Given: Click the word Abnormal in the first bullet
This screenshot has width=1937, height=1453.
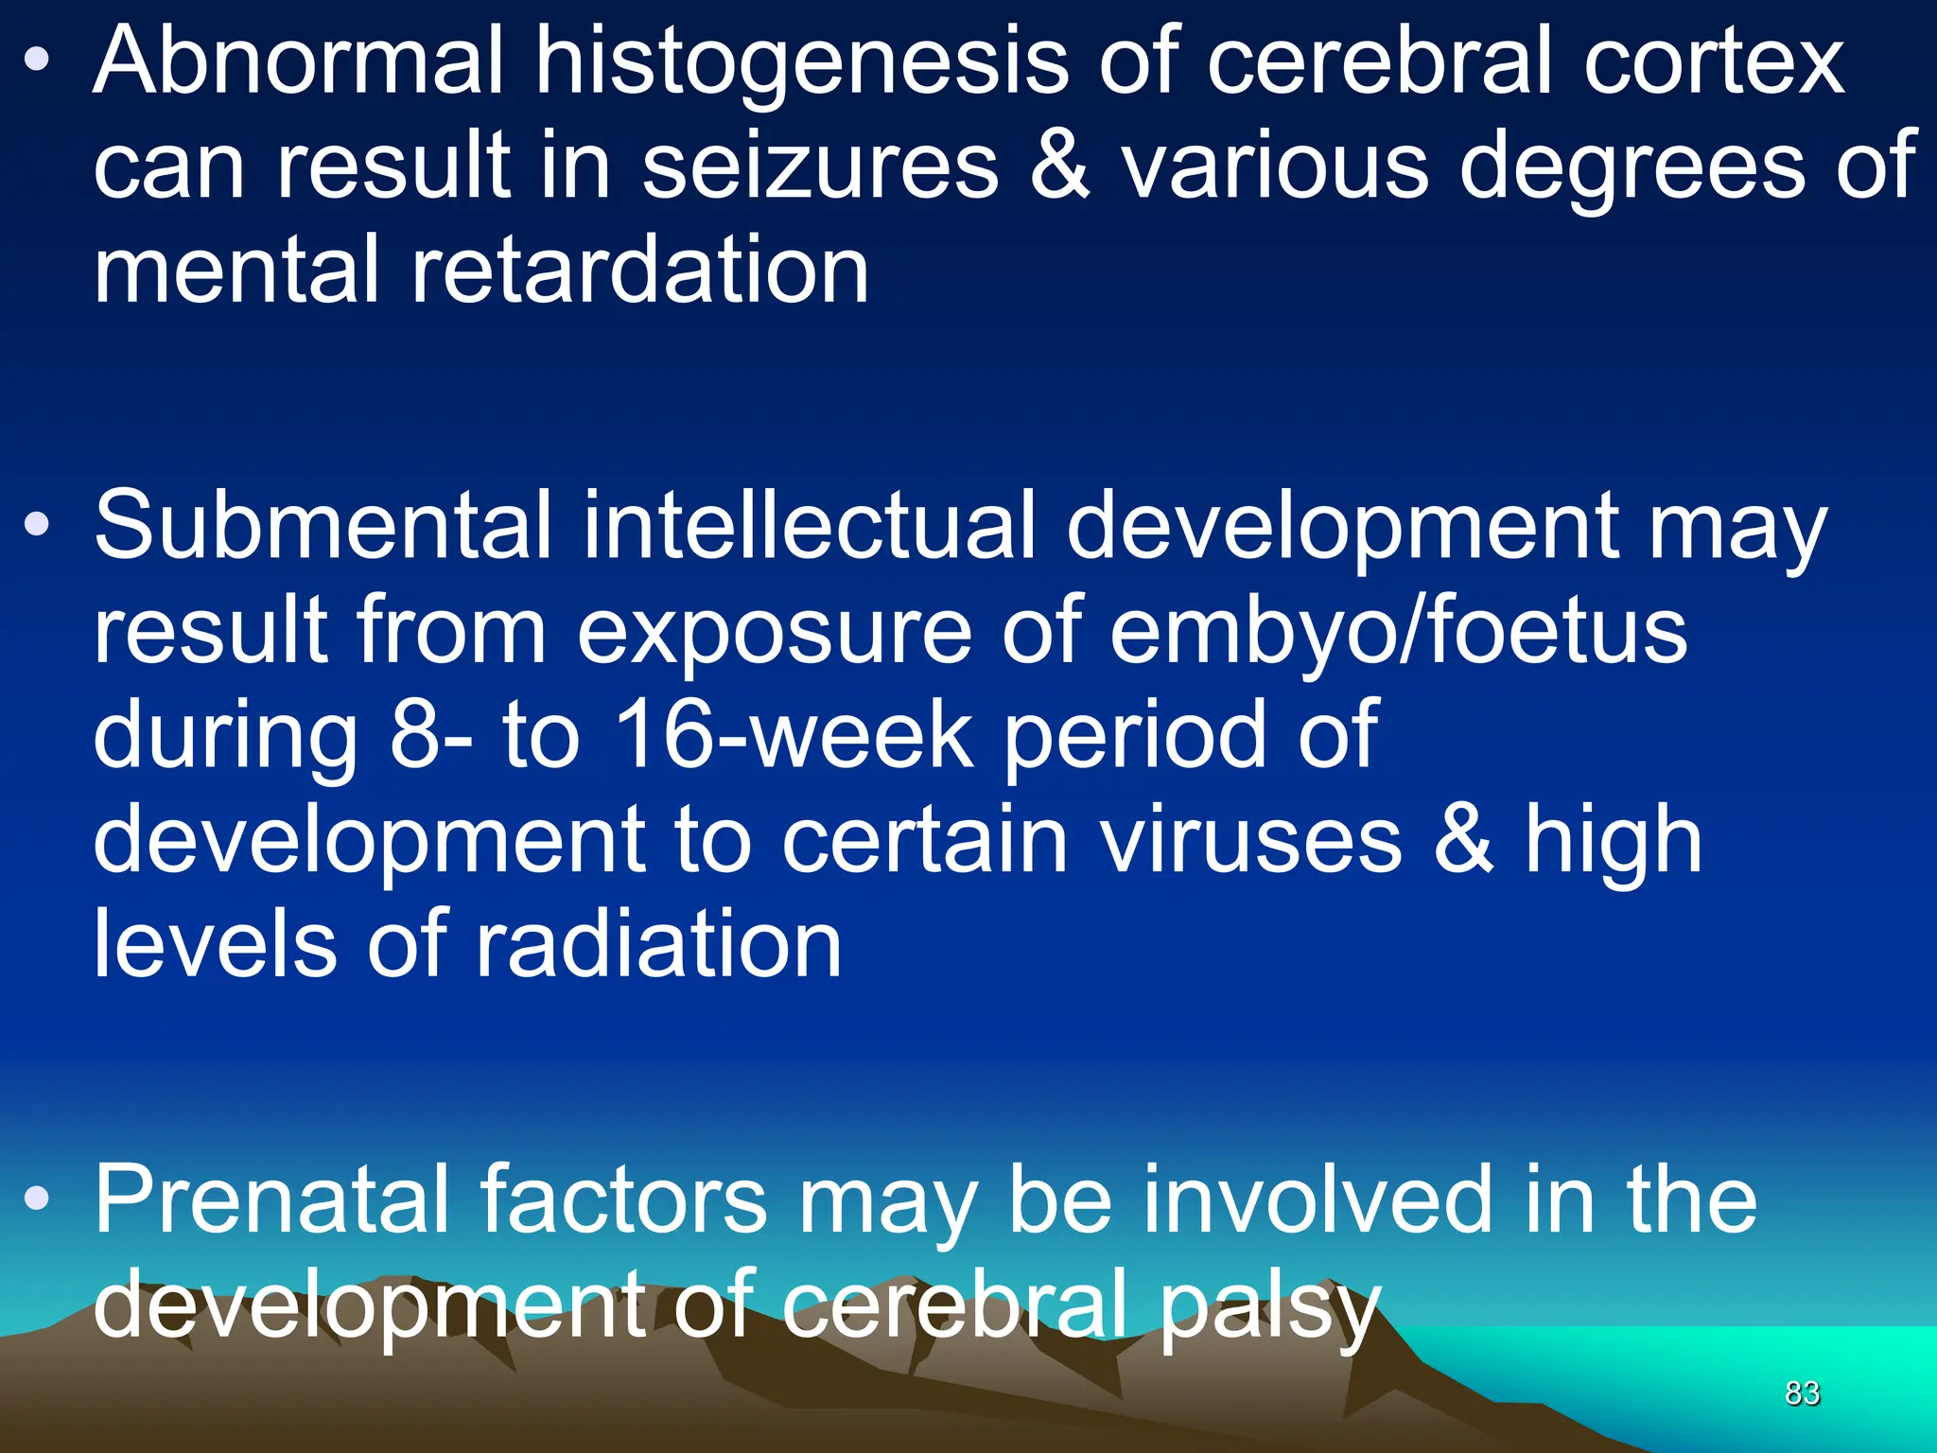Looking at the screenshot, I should click(298, 61).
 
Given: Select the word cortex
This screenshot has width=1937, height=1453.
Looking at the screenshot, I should click(1713, 61).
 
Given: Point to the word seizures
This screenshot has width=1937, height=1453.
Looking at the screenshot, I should click(820, 167).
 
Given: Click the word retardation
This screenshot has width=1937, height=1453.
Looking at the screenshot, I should click(639, 271).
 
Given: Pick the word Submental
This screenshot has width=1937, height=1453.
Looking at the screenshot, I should click(322, 525).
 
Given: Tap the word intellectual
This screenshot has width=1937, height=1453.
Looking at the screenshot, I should click(809, 525).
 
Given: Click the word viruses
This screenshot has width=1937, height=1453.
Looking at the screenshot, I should click(1251, 840).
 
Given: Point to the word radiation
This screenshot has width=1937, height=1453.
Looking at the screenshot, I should click(658, 944).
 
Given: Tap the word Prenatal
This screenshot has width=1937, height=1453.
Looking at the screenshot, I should click(271, 1199).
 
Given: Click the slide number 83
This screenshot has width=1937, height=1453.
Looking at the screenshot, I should click(1802, 1393).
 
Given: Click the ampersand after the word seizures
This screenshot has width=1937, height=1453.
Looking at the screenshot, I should click(1059, 167).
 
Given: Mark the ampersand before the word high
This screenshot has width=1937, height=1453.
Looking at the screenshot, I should click(1462, 840).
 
